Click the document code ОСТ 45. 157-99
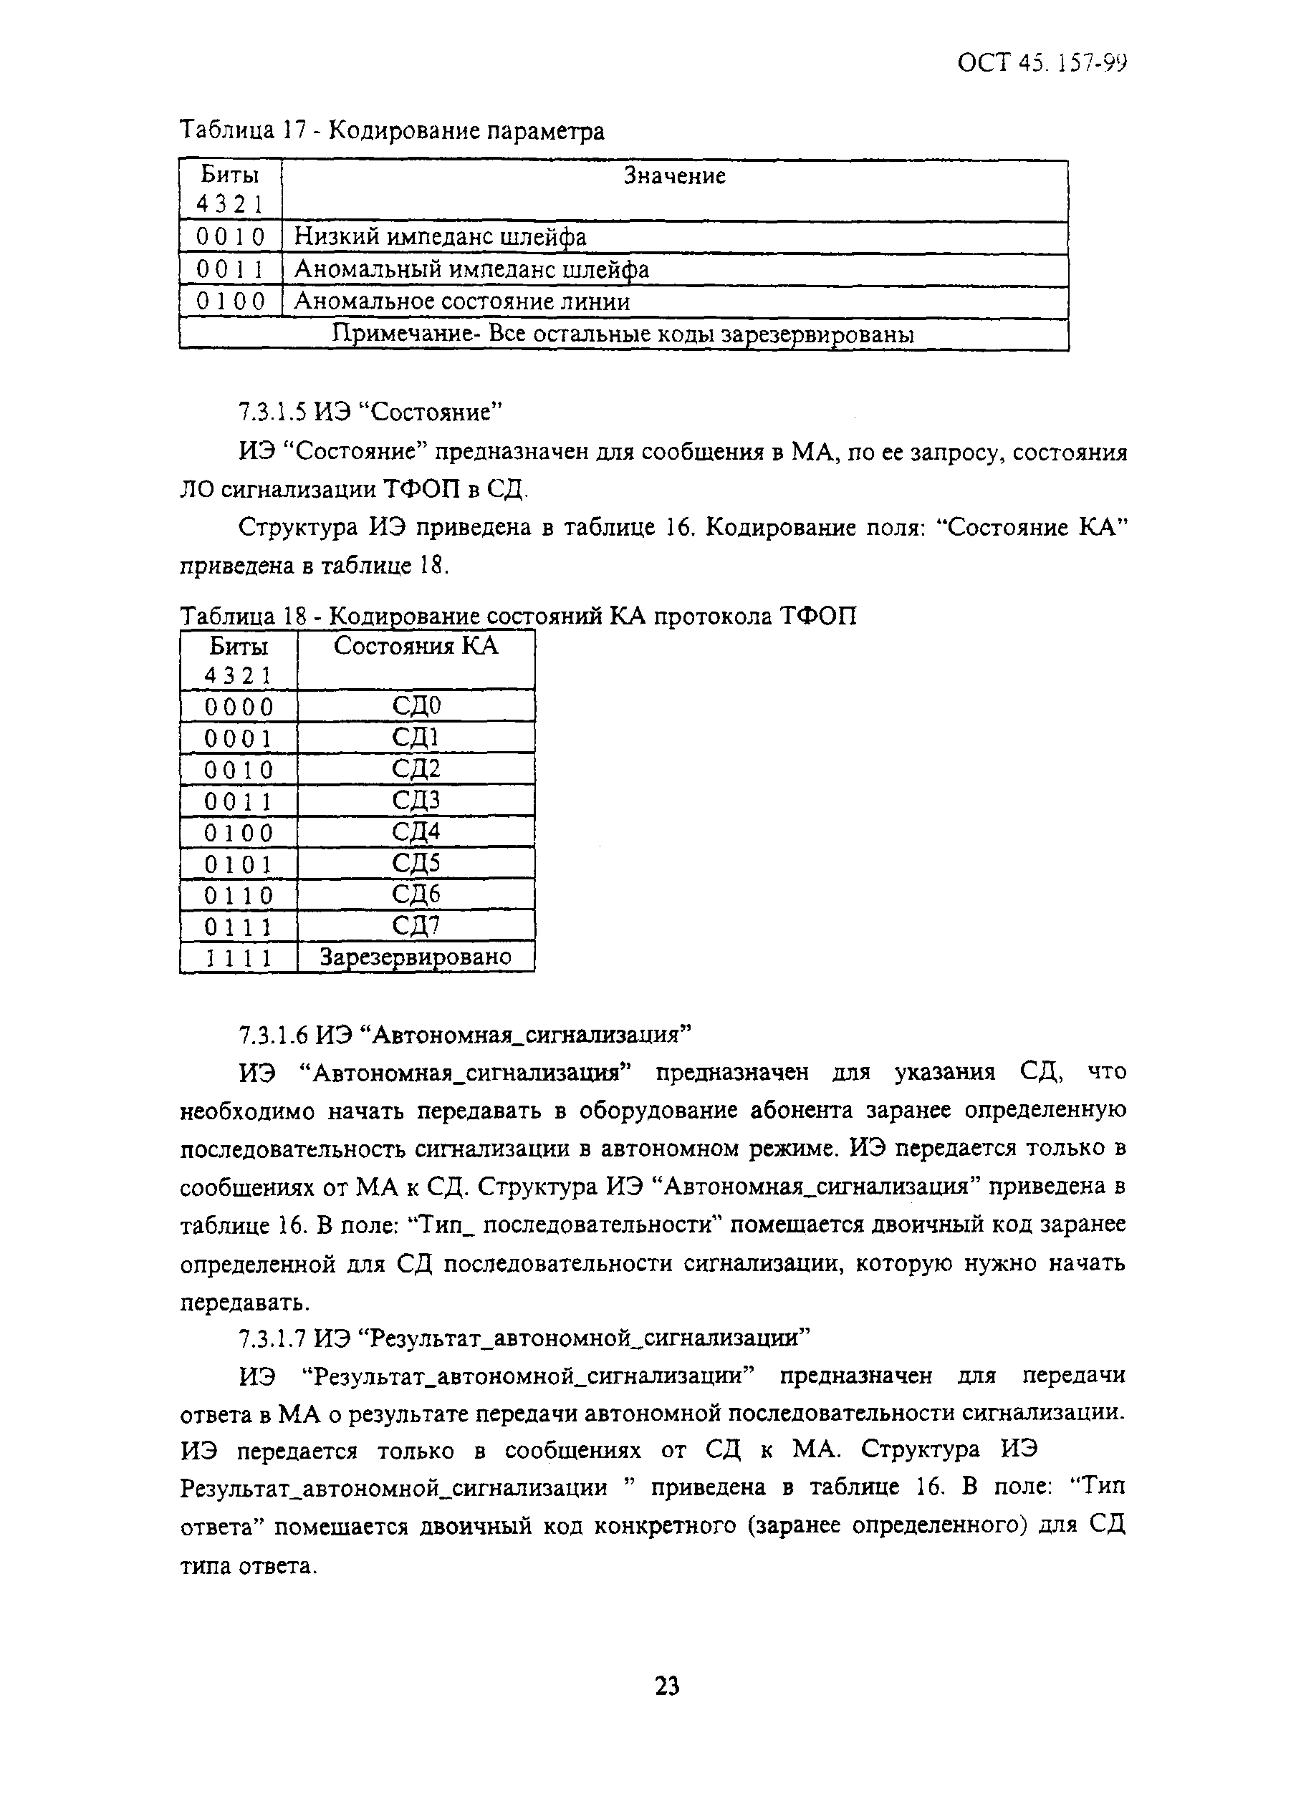[x=1041, y=63]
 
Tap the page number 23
[x=667, y=1685]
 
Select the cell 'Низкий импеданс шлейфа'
[x=440, y=236]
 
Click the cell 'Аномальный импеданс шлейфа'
[x=471, y=269]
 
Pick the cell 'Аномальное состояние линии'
[x=462, y=301]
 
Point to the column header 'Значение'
[x=674, y=176]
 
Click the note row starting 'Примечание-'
[x=622, y=334]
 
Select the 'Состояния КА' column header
[x=415, y=646]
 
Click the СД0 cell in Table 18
[x=416, y=705]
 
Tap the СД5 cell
[x=416, y=862]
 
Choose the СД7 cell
[x=416, y=925]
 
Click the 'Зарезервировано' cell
[x=415, y=957]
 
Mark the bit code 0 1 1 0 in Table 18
[x=238, y=895]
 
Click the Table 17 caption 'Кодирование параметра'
[x=391, y=130]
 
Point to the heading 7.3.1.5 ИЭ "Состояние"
[x=370, y=412]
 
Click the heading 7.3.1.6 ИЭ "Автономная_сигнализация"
[x=464, y=1034]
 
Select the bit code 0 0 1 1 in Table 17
[x=230, y=270]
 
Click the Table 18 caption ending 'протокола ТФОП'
[x=518, y=616]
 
